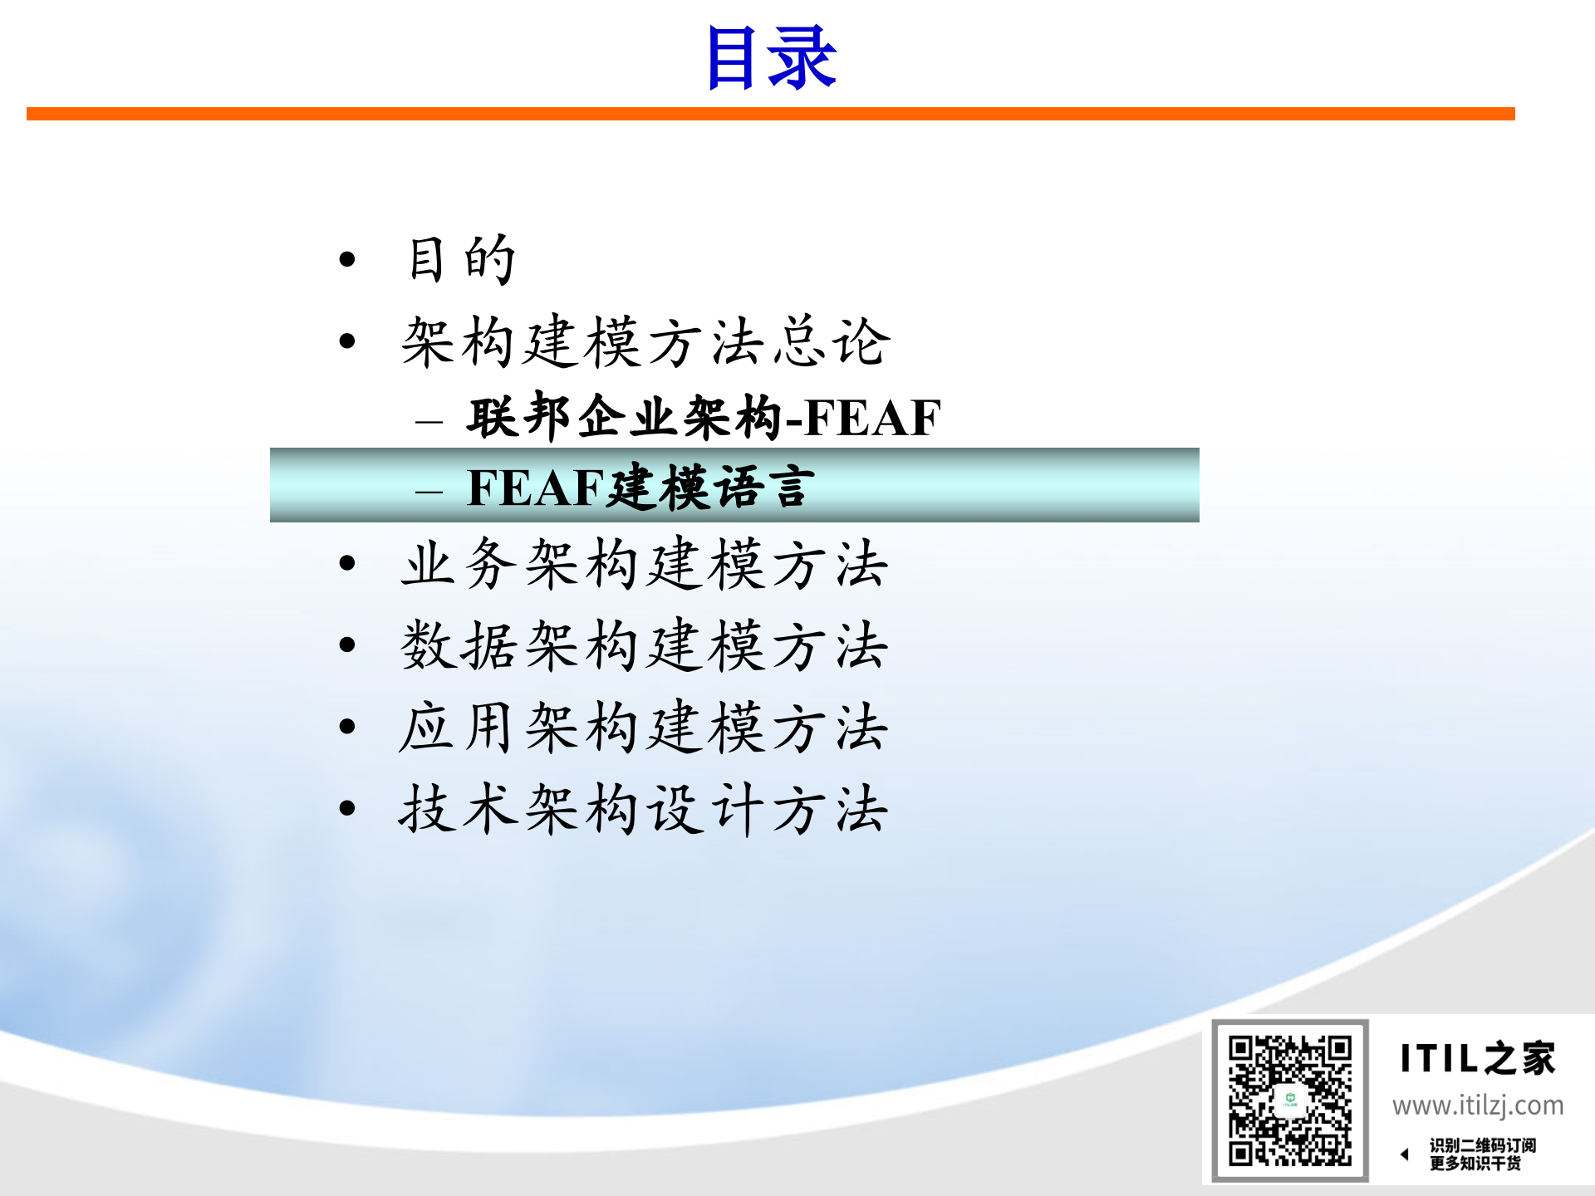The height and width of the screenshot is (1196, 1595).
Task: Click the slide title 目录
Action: coord(771,58)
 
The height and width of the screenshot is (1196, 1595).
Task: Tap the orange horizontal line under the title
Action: coord(771,114)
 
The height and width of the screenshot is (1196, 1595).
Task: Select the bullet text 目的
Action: coord(462,260)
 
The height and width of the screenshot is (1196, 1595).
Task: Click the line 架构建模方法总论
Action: coord(645,341)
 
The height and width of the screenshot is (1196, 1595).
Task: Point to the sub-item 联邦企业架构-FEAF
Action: coord(704,417)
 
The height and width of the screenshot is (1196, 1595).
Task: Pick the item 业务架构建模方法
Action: coord(644,564)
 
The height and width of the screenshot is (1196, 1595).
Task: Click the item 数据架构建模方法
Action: coord(644,645)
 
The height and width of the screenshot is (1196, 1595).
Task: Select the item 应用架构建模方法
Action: coord(644,728)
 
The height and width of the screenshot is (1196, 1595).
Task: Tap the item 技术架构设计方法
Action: coord(644,809)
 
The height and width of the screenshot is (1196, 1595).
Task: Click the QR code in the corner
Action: coord(1290,1100)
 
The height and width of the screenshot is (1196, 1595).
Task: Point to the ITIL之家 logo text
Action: coord(1477,1059)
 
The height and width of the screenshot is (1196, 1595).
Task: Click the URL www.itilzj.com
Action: coord(1478,1105)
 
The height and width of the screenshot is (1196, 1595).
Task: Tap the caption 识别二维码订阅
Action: coord(1483,1145)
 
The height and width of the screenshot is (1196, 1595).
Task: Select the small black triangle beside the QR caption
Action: coord(1405,1154)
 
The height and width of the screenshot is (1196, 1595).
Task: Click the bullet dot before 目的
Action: coord(347,260)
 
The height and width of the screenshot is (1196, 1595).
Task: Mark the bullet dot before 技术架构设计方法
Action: coord(347,808)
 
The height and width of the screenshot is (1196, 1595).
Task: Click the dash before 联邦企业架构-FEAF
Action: coord(429,422)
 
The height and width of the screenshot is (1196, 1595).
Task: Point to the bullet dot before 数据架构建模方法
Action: coord(347,645)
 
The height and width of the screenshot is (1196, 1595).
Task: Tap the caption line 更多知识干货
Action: coord(1475,1164)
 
